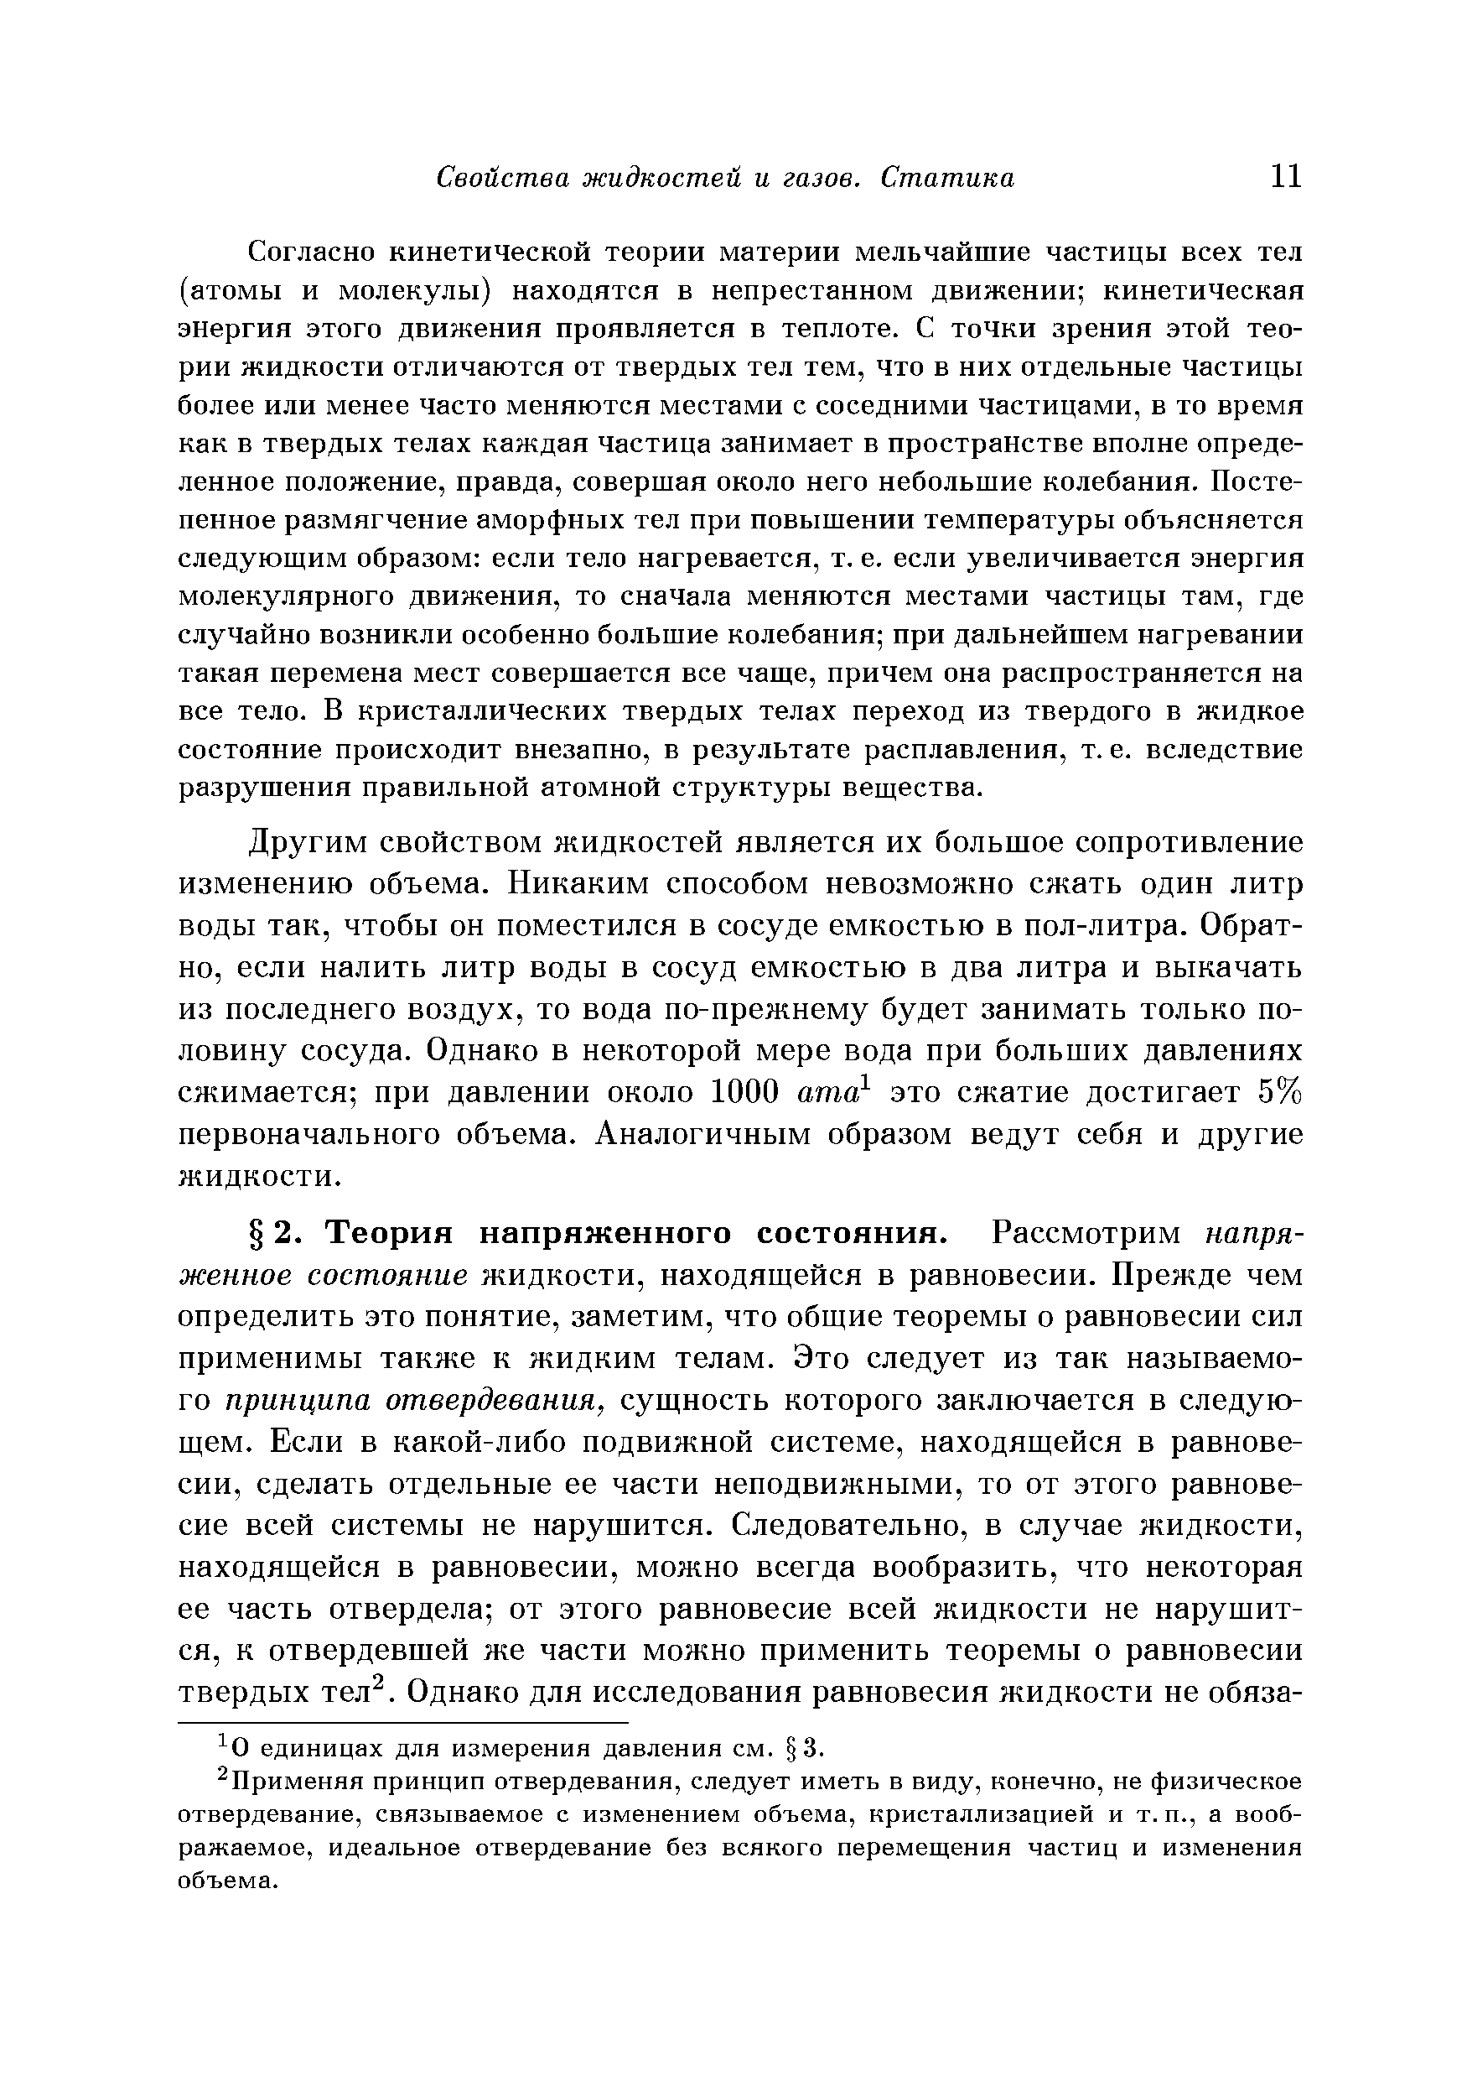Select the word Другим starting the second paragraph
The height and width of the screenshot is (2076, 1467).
tap(302, 843)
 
